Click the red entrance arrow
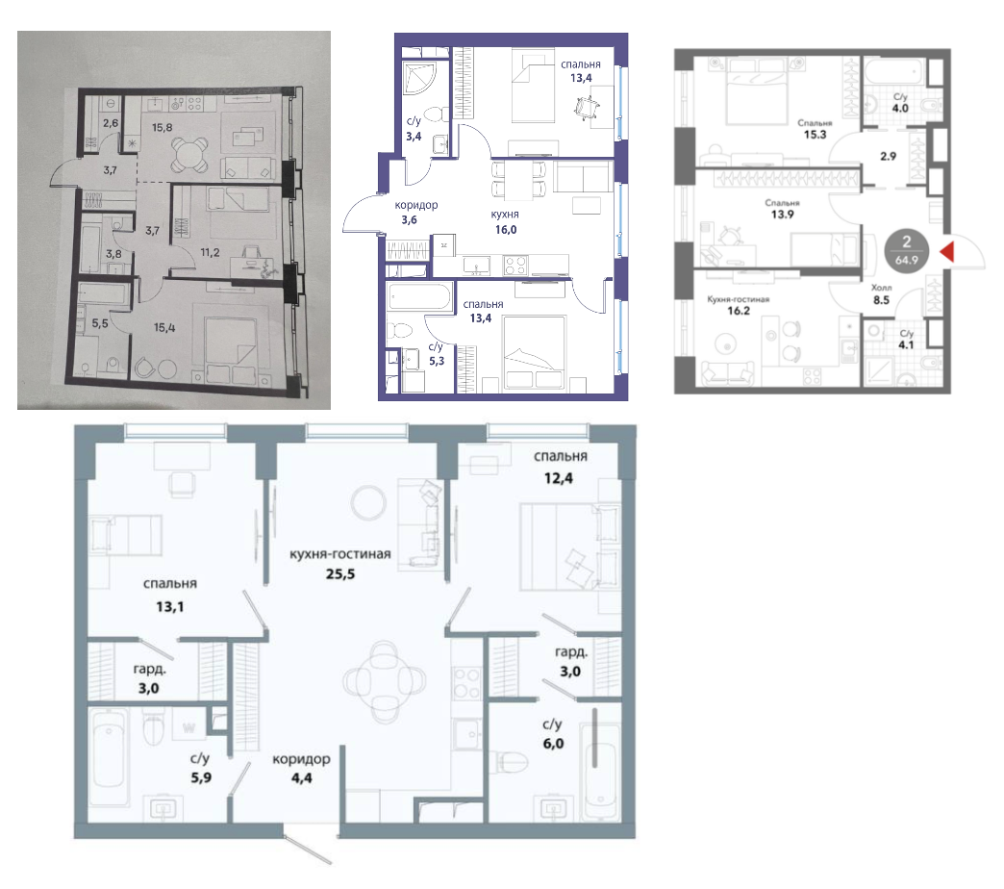tap(947, 251)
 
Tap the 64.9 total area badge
tap(907, 249)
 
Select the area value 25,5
tap(340, 573)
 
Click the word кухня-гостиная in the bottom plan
tap(340, 554)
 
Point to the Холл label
tap(881, 288)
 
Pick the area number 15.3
tap(815, 135)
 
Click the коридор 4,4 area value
tap(302, 778)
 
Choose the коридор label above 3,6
tap(416, 205)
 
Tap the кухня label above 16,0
tap(505, 215)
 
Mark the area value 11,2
tap(210, 252)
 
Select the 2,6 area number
tap(111, 122)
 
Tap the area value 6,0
tap(553, 744)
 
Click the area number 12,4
tap(559, 478)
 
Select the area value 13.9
tap(782, 215)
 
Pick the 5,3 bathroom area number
tap(437, 361)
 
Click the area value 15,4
tap(164, 328)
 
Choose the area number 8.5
tap(881, 300)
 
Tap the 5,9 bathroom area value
tap(200, 777)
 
